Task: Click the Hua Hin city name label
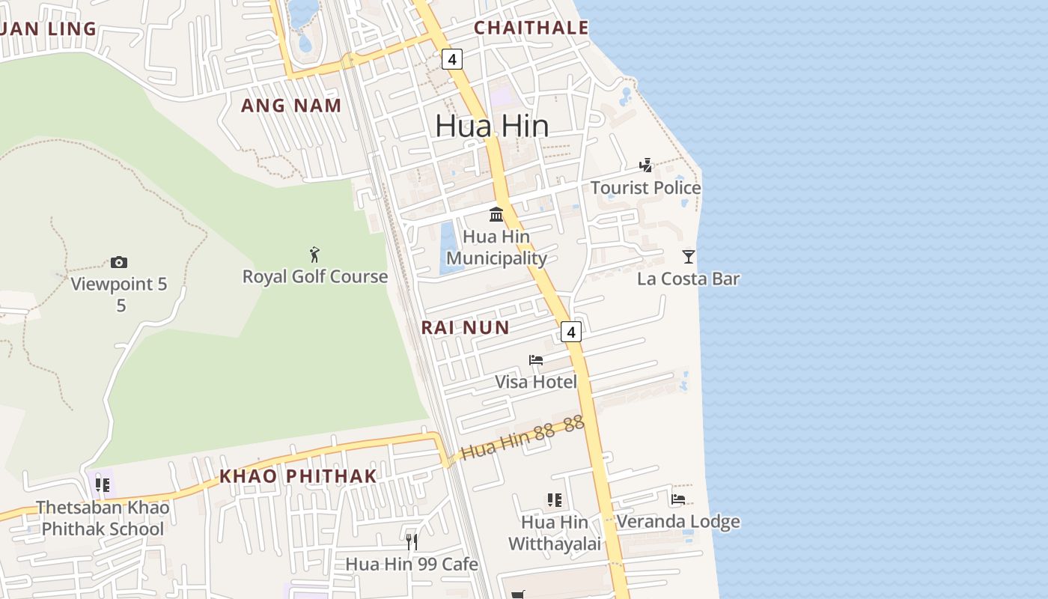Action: [492, 126]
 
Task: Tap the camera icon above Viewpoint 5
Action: [118, 262]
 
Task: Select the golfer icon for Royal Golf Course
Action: [314, 255]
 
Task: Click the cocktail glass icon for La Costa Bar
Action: [689, 257]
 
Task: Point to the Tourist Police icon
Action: [645, 165]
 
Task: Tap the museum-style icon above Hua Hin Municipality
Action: [496, 215]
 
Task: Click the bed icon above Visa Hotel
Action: [536, 360]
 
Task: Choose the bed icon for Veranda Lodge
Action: [678, 499]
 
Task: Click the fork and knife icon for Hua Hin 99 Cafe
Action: [412, 541]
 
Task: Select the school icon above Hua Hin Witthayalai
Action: [554, 499]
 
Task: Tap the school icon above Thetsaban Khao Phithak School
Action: [103, 484]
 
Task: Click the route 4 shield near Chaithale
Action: [451, 58]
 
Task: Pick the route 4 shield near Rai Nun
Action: [571, 332]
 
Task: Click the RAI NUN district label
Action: [465, 327]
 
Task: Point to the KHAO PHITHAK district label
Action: [298, 476]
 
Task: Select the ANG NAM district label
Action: [291, 106]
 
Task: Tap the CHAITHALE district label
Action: [531, 28]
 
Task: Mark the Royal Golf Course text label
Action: [314, 277]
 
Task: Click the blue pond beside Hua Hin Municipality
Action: [448, 247]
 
